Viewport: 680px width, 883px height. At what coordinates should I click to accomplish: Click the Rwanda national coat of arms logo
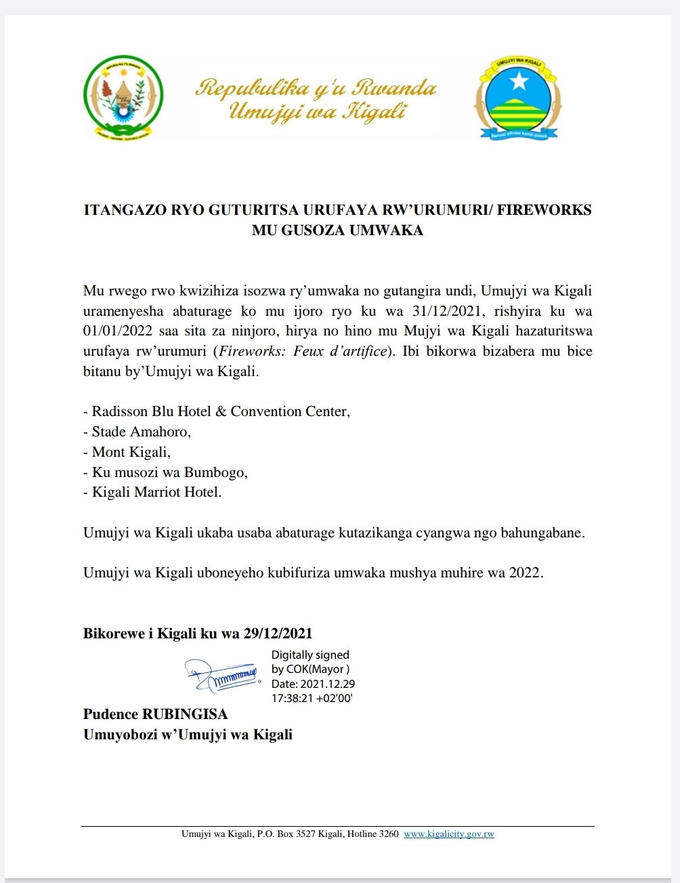[x=123, y=98]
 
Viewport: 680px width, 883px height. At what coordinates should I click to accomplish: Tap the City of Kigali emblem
[x=518, y=99]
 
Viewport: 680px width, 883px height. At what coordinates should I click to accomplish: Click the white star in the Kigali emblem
[x=518, y=81]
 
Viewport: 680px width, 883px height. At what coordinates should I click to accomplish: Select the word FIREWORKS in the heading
[x=545, y=210]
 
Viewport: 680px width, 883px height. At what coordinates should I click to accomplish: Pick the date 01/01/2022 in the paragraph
[x=114, y=331]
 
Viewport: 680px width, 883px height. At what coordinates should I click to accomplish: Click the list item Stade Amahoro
[x=141, y=432]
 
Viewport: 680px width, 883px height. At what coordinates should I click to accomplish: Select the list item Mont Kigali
[x=131, y=452]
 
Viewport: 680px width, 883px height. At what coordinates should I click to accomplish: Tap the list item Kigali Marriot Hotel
[x=156, y=493]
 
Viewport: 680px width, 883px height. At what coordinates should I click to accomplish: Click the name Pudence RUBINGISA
[x=155, y=714]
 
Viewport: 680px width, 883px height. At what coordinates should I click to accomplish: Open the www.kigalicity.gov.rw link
[x=449, y=834]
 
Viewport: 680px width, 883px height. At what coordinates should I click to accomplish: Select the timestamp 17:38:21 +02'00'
[x=312, y=699]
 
